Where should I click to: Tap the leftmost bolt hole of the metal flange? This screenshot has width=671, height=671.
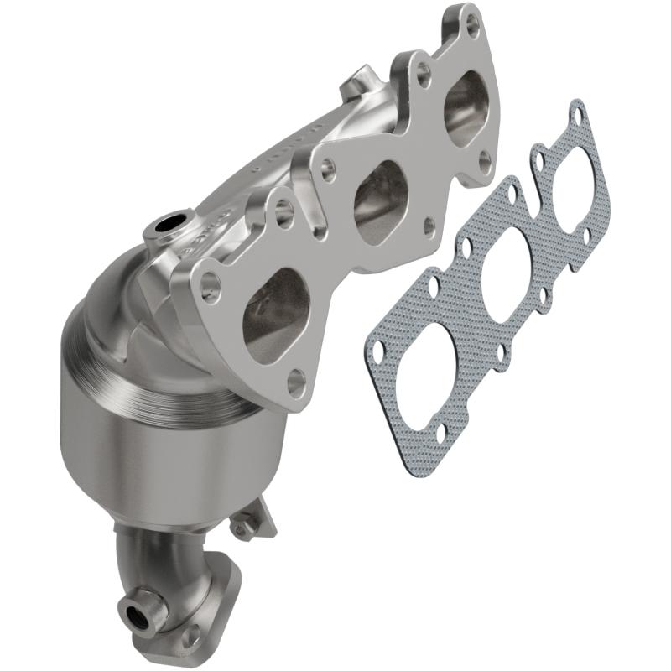click(210, 289)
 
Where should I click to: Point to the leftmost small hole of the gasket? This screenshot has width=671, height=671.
click(379, 349)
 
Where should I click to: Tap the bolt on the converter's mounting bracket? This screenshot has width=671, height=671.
click(242, 528)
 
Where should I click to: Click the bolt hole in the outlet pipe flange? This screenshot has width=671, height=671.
click(194, 637)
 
